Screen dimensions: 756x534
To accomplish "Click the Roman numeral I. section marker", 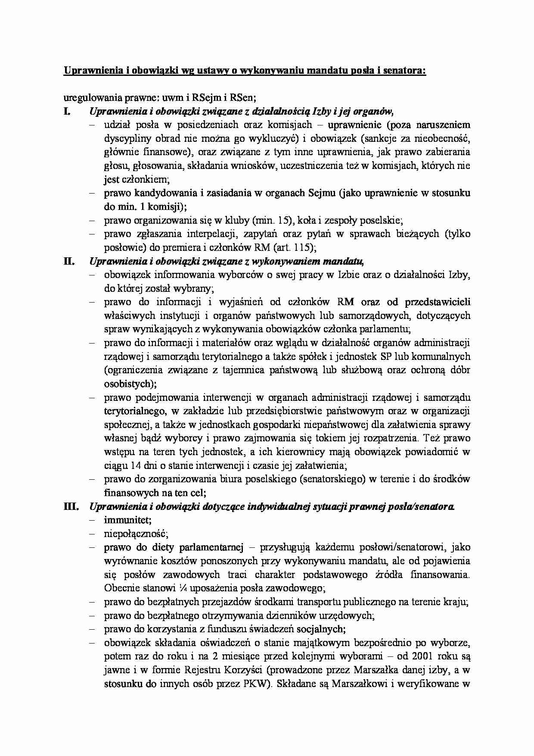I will tap(66, 112).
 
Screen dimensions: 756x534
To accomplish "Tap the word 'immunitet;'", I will tap(127, 520).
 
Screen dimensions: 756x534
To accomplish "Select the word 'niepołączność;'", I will tap(136, 534).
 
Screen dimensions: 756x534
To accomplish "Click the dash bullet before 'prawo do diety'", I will tap(91, 548).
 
